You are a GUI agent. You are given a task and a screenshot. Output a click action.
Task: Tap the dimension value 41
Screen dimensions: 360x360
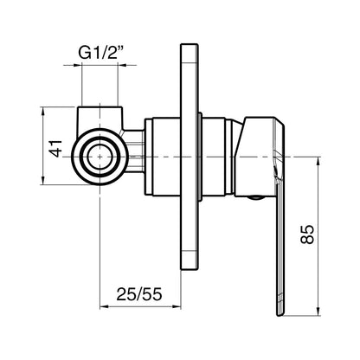[55, 148]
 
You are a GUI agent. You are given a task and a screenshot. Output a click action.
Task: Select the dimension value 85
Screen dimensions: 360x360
[306, 235]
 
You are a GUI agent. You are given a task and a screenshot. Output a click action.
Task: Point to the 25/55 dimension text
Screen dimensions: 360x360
[139, 294]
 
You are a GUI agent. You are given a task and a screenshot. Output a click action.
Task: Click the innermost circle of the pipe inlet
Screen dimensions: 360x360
[100, 157]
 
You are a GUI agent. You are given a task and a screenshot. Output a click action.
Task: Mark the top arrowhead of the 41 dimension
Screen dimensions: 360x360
[42, 111]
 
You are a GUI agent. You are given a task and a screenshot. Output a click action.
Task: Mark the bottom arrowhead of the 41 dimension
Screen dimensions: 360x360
[42, 181]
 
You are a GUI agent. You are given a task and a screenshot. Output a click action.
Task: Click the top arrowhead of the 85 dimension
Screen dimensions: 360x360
[318, 161]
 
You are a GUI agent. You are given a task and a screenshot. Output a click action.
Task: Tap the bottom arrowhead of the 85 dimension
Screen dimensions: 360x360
[318, 312]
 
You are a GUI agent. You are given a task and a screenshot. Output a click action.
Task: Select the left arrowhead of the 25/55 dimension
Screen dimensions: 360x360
[104, 306]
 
